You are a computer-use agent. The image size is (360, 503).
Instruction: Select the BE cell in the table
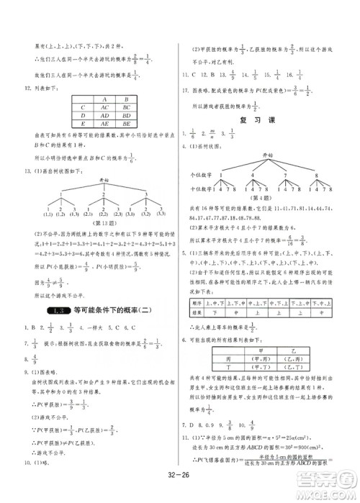[126, 123]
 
